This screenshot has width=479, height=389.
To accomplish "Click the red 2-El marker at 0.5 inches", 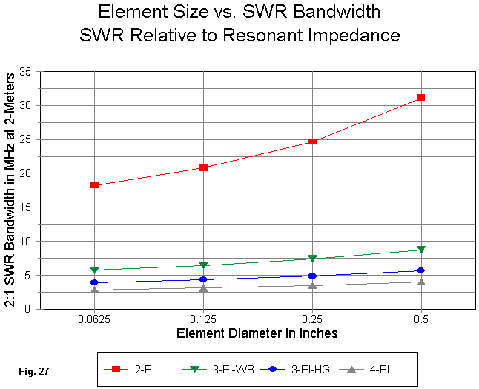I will [x=420, y=97].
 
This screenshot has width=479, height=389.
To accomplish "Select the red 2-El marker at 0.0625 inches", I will [x=94, y=185].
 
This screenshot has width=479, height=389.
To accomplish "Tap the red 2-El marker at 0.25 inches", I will [x=312, y=141].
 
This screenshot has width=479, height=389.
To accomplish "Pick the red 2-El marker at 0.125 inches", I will [x=203, y=167].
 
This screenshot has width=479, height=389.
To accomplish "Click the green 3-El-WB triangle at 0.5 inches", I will [x=420, y=250].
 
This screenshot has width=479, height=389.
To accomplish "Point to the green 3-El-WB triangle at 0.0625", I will [x=94, y=270].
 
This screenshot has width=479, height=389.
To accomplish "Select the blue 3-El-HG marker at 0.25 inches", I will [x=312, y=276].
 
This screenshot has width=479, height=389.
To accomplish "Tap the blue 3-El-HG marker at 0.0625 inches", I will [x=94, y=282].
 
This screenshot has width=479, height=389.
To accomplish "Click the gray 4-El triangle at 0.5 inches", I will [x=420, y=282].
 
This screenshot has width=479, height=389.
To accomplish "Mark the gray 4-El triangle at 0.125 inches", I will [x=203, y=288].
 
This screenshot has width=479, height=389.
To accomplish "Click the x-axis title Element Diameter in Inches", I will [x=257, y=333].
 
